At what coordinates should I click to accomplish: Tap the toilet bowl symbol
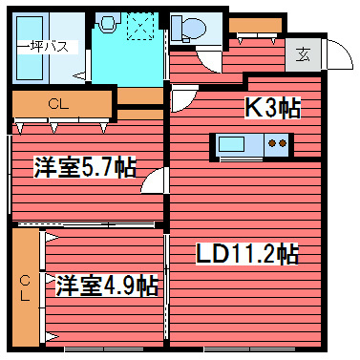pos(186,30)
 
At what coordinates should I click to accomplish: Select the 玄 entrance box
pos(303,54)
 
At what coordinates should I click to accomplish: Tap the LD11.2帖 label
pos(247,254)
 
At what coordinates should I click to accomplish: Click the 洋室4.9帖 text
pos(105,284)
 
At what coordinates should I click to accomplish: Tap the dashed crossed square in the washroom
pos(142,27)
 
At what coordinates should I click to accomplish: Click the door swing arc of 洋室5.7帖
pos(153,180)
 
